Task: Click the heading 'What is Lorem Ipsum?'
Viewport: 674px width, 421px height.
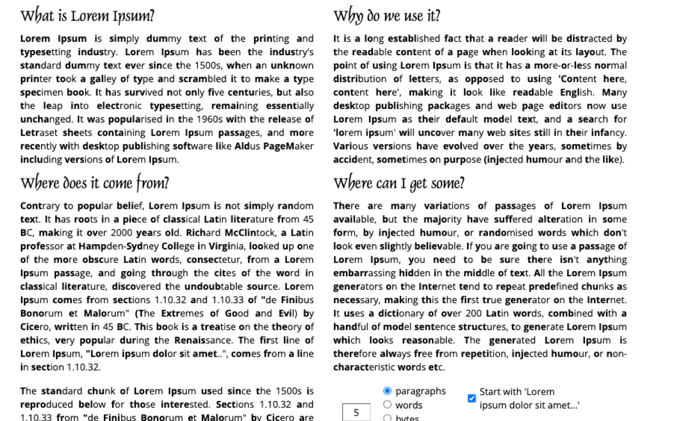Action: tap(87, 16)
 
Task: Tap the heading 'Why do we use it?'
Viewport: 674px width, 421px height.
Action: tap(386, 16)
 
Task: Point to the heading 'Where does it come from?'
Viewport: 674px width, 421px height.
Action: tap(95, 183)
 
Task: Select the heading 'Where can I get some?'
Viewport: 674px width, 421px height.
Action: tap(399, 183)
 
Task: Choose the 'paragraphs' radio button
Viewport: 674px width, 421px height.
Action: tap(388, 391)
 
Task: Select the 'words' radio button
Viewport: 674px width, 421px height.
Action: tap(388, 405)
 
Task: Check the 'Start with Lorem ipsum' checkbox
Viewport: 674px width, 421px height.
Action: tap(472, 398)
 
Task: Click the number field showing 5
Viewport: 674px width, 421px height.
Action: tap(356, 413)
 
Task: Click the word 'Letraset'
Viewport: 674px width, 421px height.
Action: tap(38, 133)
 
